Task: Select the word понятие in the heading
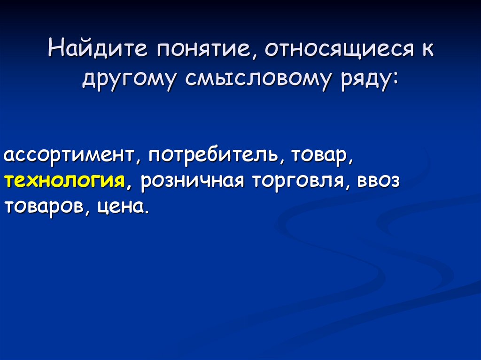(x=205, y=50)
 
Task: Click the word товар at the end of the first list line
(x=320, y=155)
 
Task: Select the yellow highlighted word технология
(x=65, y=181)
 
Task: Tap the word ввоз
(x=380, y=181)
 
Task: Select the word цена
(x=121, y=207)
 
